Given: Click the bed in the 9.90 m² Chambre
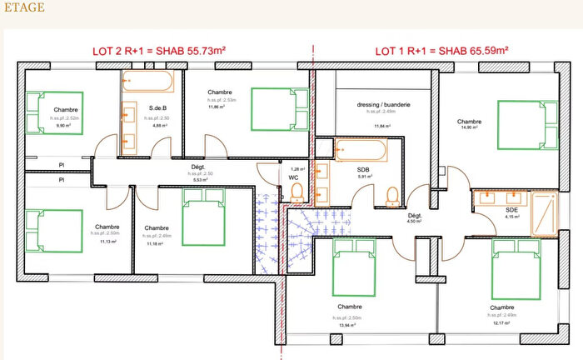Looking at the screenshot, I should pyautogui.click(x=55, y=112).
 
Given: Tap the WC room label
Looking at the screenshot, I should pyautogui.click(x=293, y=177).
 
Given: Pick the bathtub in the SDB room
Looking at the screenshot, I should pyautogui.click(x=361, y=151).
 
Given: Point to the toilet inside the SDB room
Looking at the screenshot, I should pyautogui.click(x=391, y=194).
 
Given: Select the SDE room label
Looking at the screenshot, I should pyautogui.click(x=512, y=212).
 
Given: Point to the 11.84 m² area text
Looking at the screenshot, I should pyautogui.click(x=382, y=126).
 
